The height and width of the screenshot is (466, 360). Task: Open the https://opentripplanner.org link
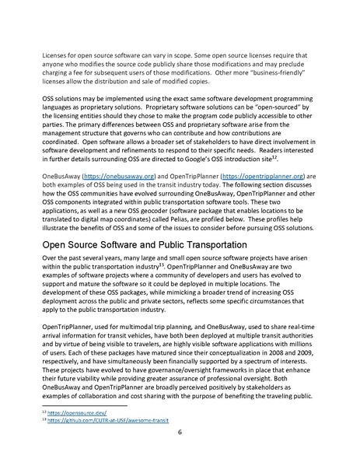[261, 177]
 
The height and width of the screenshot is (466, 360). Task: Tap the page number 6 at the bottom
[179, 454]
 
